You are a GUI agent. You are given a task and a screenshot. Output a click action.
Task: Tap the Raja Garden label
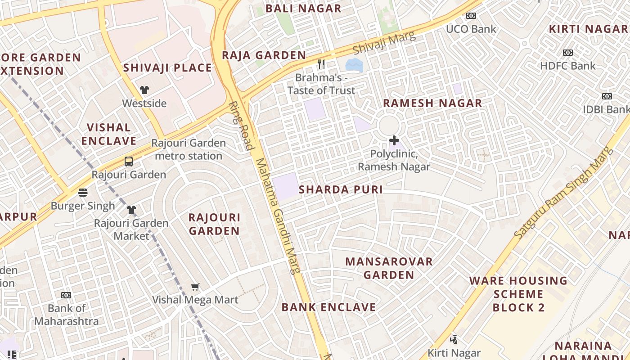click(264, 55)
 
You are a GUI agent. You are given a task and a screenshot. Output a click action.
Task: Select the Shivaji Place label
click(167, 68)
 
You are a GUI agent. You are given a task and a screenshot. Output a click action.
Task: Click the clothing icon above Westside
click(144, 90)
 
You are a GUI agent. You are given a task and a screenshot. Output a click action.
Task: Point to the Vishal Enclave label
click(109, 134)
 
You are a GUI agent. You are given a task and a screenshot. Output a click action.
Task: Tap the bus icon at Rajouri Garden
click(129, 161)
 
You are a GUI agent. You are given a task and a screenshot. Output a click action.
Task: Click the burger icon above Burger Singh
click(82, 193)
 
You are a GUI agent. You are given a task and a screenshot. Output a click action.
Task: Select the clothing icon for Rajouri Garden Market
click(131, 209)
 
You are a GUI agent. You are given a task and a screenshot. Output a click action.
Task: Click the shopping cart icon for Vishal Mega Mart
click(195, 287)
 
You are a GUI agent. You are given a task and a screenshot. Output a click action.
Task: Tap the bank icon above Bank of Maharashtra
click(66, 295)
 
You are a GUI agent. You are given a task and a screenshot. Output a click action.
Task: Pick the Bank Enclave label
click(328, 307)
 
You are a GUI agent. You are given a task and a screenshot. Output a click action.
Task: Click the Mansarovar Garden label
click(389, 268)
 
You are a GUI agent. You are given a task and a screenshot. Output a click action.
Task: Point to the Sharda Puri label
click(341, 189)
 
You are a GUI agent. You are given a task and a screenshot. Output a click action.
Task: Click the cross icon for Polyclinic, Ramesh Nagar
click(394, 140)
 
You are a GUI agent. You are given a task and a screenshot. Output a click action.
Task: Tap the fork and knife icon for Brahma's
click(321, 64)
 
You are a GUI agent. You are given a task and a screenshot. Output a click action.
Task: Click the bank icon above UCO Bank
click(471, 16)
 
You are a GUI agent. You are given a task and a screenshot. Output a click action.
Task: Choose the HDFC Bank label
click(567, 66)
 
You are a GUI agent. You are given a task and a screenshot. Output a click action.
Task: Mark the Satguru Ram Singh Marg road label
click(564, 193)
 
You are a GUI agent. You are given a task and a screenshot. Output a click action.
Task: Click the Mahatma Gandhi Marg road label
click(277, 216)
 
